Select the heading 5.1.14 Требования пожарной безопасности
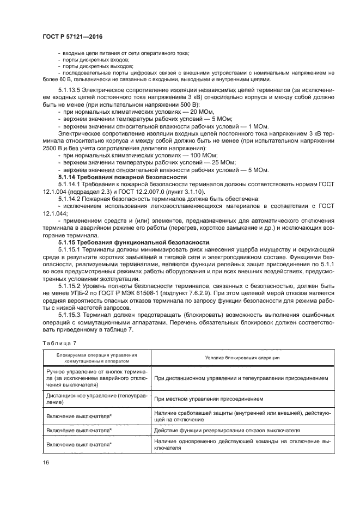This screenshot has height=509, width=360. click(123, 177)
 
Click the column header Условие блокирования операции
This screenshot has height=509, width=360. click(242, 357)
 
